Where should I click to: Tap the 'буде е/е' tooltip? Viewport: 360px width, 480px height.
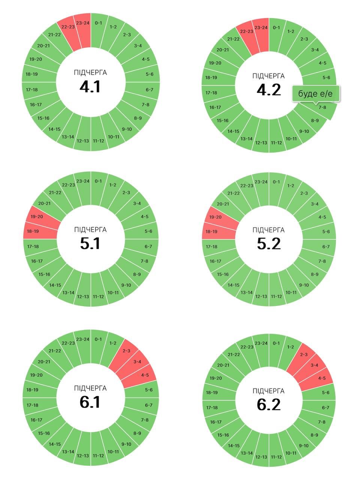(x=316, y=93)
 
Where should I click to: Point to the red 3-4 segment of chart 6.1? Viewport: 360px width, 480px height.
(x=136, y=362)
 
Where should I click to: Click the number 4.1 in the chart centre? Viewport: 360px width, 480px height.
(x=90, y=87)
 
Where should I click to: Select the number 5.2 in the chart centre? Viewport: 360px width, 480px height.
(x=269, y=244)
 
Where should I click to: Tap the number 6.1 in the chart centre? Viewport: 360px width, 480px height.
(x=90, y=402)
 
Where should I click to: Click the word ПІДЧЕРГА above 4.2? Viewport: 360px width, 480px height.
(x=268, y=76)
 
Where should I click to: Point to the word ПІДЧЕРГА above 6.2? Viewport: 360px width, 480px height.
(x=268, y=391)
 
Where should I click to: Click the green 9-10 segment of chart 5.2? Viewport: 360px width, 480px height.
(x=303, y=285)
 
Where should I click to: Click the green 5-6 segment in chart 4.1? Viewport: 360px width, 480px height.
(x=149, y=74)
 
